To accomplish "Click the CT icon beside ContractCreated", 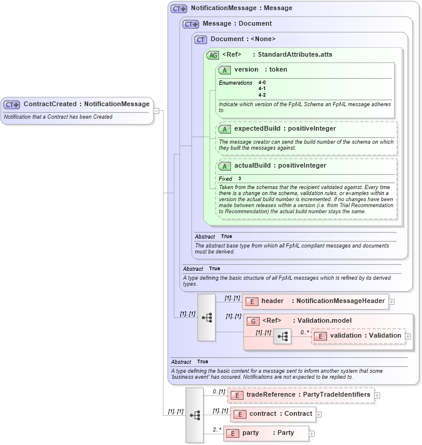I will coord(12,104).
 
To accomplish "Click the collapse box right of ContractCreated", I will coord(156,110).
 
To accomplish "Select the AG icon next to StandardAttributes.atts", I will coord(212,55).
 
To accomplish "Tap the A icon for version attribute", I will coord(224,70).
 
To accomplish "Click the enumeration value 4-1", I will coord(262,89).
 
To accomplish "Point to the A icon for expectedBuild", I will coord(224,129).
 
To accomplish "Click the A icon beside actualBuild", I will coord(224,166).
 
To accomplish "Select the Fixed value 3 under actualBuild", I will coord(240,179).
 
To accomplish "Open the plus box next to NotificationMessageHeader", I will coord(392,302).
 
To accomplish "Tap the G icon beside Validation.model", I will coord(253,321).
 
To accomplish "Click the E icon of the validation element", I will coord(321,336).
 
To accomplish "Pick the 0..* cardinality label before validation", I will coord(304,332).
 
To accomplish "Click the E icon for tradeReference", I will coord(236,395).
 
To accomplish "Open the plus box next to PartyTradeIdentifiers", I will coord(378,395).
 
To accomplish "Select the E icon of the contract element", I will coord(239,414).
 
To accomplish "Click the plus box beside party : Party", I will coord(312,433).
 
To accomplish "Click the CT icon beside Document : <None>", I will coord(201,39).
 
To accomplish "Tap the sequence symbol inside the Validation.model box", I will coord(282,338).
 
